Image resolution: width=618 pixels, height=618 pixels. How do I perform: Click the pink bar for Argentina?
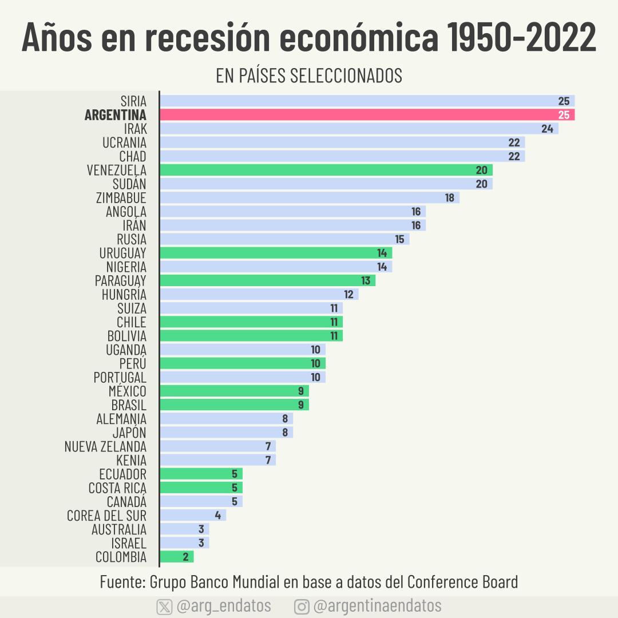366,115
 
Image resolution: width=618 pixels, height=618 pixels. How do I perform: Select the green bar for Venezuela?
326,170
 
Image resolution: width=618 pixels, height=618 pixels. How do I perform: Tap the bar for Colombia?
177,557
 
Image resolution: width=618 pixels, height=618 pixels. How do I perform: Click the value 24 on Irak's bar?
547,129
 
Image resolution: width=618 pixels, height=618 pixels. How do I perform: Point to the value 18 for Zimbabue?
450,197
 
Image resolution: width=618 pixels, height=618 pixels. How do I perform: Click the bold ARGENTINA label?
115,115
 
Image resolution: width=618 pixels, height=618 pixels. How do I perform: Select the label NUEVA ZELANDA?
105,446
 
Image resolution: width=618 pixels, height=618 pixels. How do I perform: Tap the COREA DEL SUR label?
106,516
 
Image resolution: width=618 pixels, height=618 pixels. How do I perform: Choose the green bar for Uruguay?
276,253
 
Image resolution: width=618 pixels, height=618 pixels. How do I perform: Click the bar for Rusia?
284,239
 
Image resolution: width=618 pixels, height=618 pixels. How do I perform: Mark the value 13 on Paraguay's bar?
366,280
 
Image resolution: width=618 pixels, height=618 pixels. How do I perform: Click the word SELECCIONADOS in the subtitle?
346,76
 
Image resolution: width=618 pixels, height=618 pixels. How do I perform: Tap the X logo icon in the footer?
164,607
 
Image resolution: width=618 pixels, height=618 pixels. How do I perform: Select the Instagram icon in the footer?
302,607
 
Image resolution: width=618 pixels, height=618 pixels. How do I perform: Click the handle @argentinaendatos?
378,606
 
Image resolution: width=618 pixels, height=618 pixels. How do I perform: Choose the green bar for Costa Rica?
201,488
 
